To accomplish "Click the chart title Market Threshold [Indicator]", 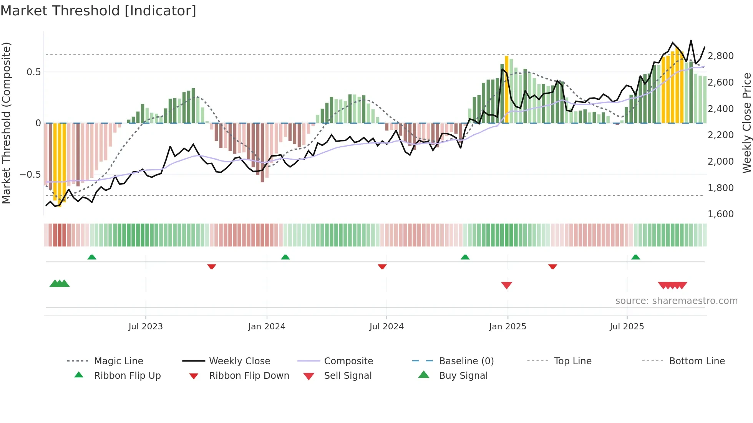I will coord(98,11).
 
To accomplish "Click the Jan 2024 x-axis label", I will coord(267,326).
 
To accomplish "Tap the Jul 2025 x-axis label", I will coord(627,326).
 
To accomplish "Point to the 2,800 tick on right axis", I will coord(720,56).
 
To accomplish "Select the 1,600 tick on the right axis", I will coord(720,214).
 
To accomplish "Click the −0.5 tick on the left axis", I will coord(30,175).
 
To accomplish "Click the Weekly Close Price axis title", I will coord(746,123).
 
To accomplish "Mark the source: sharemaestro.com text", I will coord(676,301).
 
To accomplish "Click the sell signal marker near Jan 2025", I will coord(506,285).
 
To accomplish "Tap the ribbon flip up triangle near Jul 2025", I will coord(635,257).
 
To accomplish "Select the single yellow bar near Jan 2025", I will coord(506,89).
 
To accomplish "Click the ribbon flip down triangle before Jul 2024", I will coord(382,266).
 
